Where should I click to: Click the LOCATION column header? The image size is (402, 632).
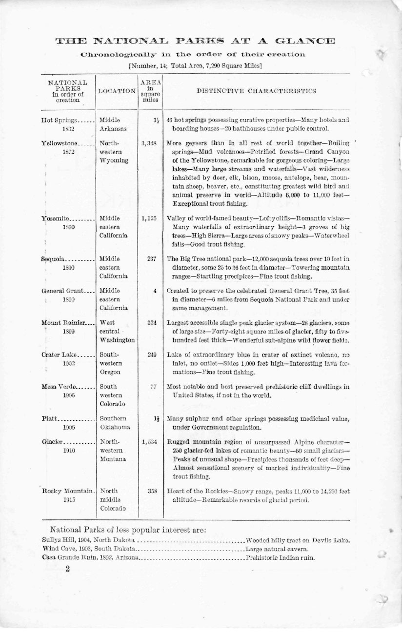tap(117, 91)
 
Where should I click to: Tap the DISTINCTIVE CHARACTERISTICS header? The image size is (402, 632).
tap(256, 91)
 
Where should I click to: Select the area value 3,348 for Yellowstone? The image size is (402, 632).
tap(148, 143)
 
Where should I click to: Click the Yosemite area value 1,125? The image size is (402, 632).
tap(149, 218)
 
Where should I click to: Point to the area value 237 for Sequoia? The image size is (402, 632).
tap(151, 259)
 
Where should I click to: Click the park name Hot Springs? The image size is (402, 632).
tap(58, 120)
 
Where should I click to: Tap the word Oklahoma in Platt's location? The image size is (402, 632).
tap(115, 427)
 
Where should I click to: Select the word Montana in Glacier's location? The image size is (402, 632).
tap(113, 459)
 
